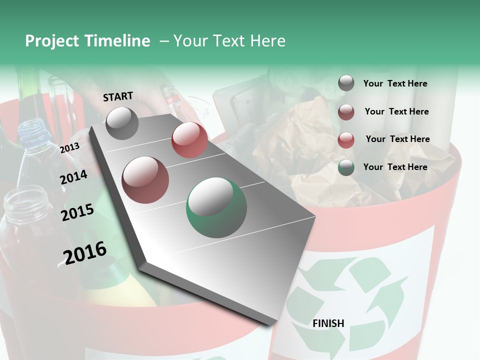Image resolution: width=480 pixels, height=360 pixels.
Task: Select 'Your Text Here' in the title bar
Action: (x=229, y=41)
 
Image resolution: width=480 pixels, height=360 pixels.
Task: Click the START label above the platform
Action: (x=118, y=96)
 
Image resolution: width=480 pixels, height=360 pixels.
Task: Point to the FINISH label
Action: (x=328, y=323)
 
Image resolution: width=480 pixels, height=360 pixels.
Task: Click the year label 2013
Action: (x=70, y=148)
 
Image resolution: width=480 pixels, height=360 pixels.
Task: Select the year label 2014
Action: (x=74, y=177)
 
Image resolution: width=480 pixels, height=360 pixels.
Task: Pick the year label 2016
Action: (x=85, y=252)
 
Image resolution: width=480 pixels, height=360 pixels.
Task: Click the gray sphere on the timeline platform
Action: (x=122, y=123)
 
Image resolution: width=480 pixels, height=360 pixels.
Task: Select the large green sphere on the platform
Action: (x=216, y=208)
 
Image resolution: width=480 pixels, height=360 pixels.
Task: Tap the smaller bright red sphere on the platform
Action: (x=189, y=139)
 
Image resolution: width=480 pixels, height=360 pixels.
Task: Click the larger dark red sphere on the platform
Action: (x=145, y=179)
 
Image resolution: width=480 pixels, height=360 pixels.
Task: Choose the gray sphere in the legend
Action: (x=346, y=83)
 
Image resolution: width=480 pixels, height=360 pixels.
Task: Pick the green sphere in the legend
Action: (x=346, y=167)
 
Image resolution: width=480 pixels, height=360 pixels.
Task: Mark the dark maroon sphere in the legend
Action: (x=346, y=111)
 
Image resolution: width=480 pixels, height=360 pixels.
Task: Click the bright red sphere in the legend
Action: (x=346, y=140)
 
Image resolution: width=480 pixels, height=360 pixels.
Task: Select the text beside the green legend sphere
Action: (x=395, y=167)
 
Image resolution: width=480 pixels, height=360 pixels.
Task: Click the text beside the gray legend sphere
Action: (x=395, y=83)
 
